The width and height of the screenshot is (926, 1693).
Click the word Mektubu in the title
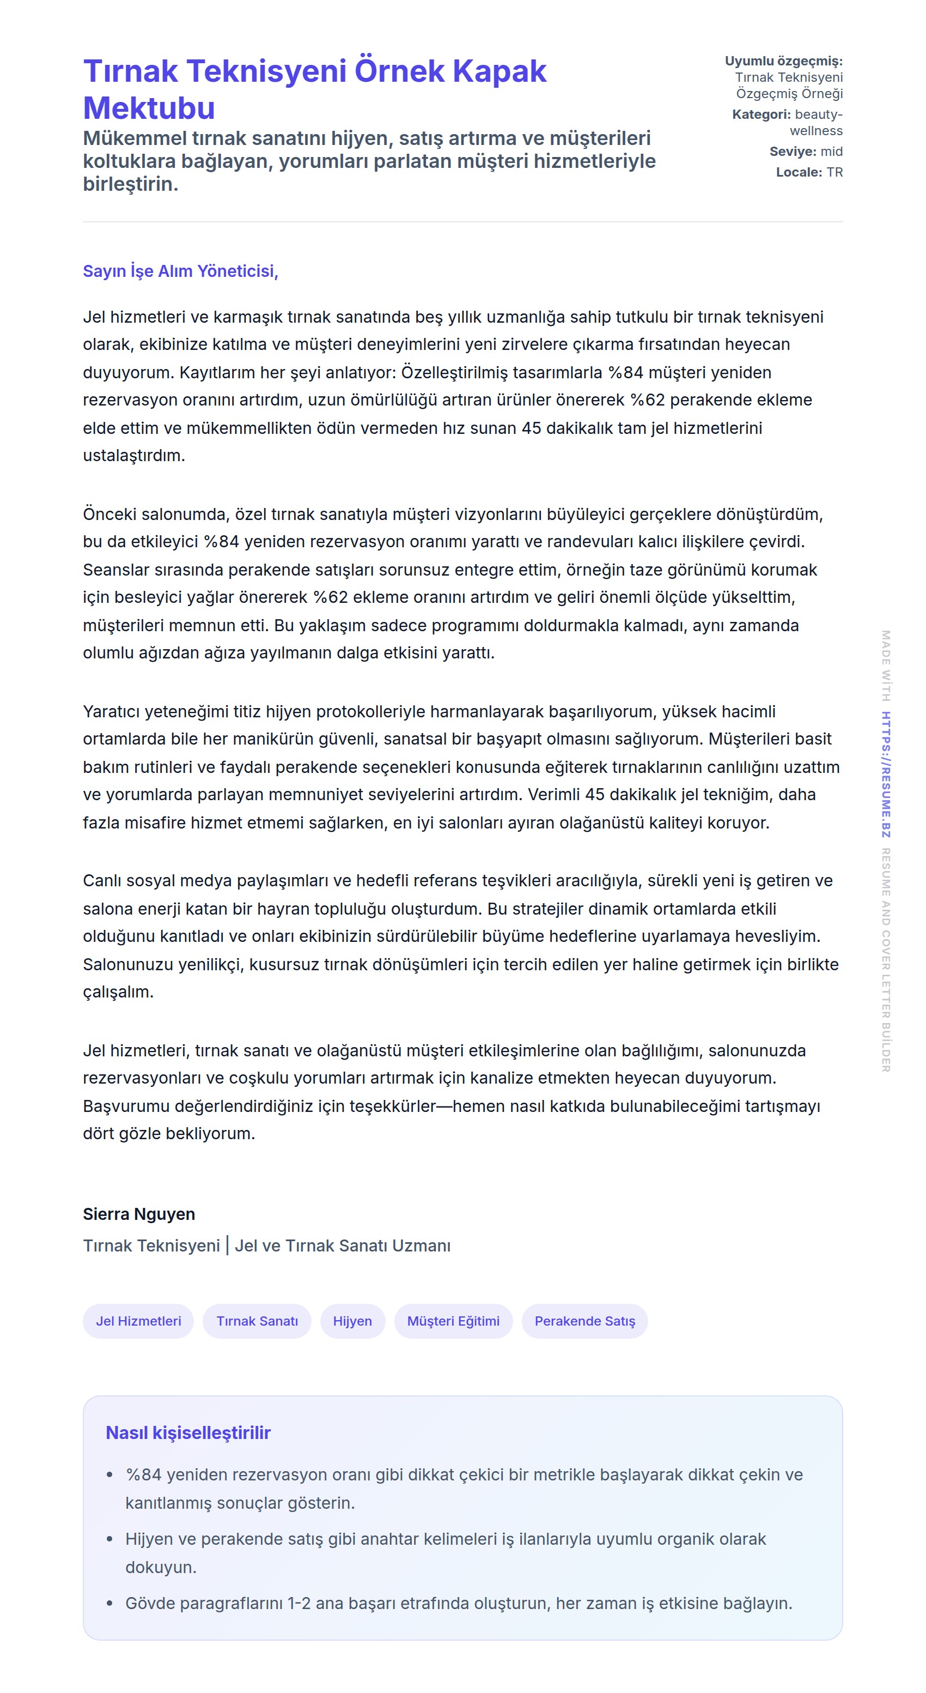click(x=149, y=108)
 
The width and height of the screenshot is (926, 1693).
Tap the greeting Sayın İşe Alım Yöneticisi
click(x=181, y=271)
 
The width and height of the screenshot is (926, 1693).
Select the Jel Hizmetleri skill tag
click(x=138, y=1321)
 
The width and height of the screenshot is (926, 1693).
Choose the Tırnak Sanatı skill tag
click(x=257, y=1321)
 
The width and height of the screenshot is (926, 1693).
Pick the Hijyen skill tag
click(x=352, y=1321)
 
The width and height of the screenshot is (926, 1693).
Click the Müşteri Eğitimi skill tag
click(x=453, y=1321)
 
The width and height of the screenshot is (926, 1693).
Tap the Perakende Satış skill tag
click(x=584, y=1321)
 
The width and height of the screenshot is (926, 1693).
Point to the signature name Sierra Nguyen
click(x=138, y=1214)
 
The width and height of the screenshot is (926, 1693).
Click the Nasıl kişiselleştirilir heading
click(x=188, y=1433)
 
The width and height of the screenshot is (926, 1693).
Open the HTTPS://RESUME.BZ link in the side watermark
click(x=885, y=774)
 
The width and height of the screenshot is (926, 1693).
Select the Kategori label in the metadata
click(x=760, y=114)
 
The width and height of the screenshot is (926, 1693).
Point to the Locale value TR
click(x=834, y=172)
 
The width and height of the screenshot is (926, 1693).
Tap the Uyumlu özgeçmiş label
click(x=783, y=61)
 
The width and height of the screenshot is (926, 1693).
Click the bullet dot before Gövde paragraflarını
click(x=109, y=1604)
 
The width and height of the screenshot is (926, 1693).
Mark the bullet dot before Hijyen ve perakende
click(x=109, y=1539)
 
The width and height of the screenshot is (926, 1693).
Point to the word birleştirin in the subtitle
click(x=130, y=184)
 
